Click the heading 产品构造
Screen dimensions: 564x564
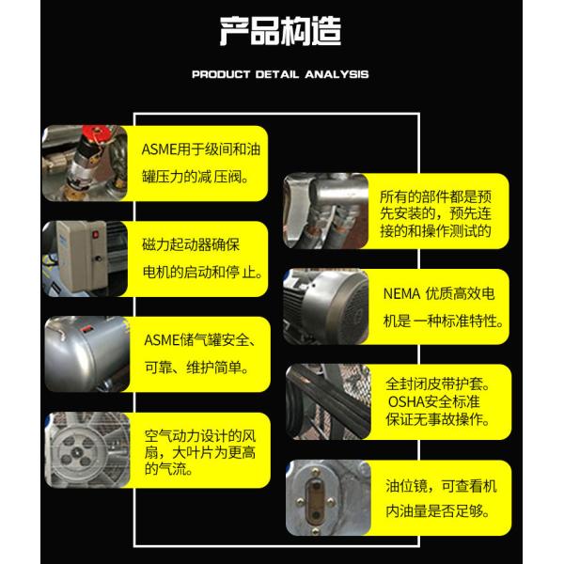(x=280, y=31)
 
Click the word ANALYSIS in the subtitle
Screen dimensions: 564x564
(x=337, y=74)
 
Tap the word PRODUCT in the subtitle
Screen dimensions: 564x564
(x=221, y=74)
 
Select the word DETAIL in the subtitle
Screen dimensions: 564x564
(x=277, y=74)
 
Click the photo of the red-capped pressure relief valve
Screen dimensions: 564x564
(x=85, y=163)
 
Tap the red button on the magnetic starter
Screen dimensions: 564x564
(x=95, y=234)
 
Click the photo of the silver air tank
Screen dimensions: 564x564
(x=87, y=354)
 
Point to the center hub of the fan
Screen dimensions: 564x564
(x=76, y=452)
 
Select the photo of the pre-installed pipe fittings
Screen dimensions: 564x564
(x=326, y=211)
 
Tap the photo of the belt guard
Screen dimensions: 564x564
(x=328, y=401)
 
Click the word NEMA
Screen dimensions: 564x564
(x=401, y=294)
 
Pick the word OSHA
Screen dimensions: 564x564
(x=406, y=401)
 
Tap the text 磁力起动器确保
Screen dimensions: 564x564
(x=191, y=245)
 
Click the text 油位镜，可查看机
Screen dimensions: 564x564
(x=442, y=486)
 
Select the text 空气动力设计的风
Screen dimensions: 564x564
(x=200, y=436)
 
